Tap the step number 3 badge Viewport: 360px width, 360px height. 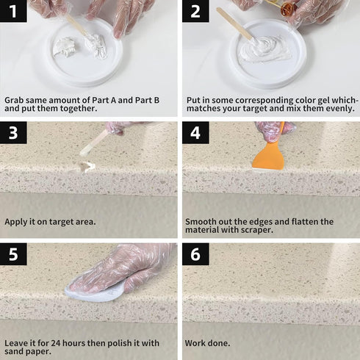14,133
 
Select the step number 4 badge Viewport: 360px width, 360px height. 195,133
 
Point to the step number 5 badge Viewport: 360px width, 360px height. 14,254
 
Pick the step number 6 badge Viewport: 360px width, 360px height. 195,254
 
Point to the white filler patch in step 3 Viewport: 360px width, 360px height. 89,167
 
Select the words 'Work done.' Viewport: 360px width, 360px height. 208,343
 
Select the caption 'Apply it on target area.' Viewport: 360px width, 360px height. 50,221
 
